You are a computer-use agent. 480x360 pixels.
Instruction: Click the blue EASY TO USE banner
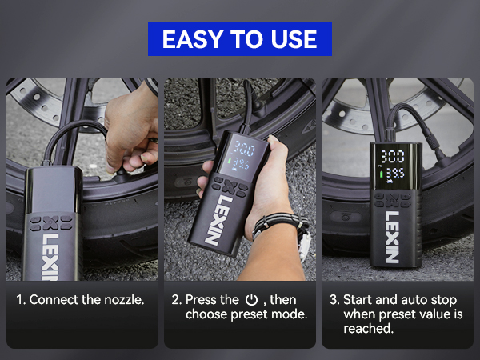click(x=239, y=38)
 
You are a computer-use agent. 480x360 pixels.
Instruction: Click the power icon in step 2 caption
click(x=251, y=300)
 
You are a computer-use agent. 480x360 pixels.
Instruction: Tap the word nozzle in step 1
click(x=122, y=300)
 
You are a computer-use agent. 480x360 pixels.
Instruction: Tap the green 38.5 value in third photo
click(x=393, y=174)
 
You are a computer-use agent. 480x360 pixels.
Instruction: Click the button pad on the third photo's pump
click(x=391, y=198)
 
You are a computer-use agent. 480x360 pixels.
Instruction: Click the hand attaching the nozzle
click(x=132, y=128)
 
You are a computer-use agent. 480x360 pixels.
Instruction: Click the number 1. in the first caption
click(x=22, y=300)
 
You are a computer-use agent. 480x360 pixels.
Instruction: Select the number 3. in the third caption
click(x=334, y=300)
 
